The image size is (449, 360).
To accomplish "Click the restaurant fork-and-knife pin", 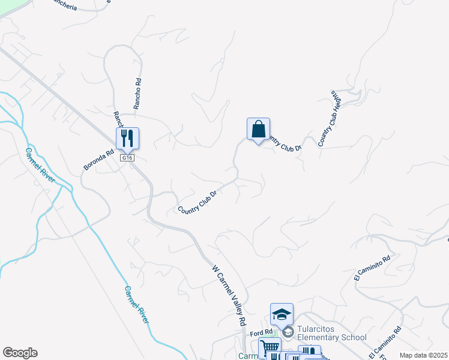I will (x=127, y=139).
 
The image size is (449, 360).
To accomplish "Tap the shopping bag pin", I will (x=258, y=129).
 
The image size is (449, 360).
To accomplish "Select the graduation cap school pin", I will (x=282, y=314).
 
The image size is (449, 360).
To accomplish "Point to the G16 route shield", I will (x=126, y=158).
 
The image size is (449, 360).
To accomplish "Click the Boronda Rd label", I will (x=99, y=160).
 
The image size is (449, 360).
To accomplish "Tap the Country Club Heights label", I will (x=330, y=119).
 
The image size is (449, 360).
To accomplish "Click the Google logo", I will (x=20, y=353).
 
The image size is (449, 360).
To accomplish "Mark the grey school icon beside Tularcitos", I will (x=288, y=332).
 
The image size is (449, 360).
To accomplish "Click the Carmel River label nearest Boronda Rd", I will (x=40, y=166).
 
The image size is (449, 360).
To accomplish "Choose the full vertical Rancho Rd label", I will (x=138, y=89).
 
